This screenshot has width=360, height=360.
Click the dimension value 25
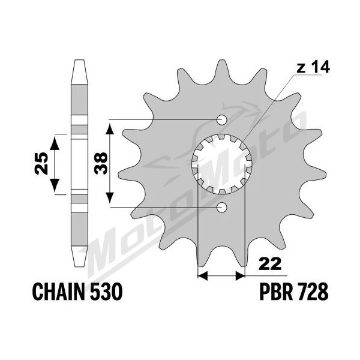pyautogui.click(x=41, y=163)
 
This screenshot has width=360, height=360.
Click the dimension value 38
pyautogui.click(x=101, y=163)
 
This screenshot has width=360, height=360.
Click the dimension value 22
pyautogui.click(x=270, y=264)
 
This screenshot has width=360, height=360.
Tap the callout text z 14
pyautogui.click(x=313, y=67)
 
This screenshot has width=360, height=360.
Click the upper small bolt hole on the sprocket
pyautogui.click(x=222, y=119)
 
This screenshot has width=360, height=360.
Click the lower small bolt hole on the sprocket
pyautogui.click(x=222, y=208)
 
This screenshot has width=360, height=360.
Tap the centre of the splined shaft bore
pyautogui.click(x=222, y=164)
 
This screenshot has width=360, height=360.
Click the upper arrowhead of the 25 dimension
pyautogui.click(x=55, y=143)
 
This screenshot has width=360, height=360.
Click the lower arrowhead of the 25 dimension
pyautogui.click(x=55, y=185)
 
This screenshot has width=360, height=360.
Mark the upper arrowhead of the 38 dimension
pyautogui.click(x=110, y=128)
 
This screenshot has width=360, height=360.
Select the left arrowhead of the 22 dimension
pyautogui.click(x=202, y=275)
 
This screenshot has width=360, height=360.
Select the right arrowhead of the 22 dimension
pyautogui.click(x=241, y=275)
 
